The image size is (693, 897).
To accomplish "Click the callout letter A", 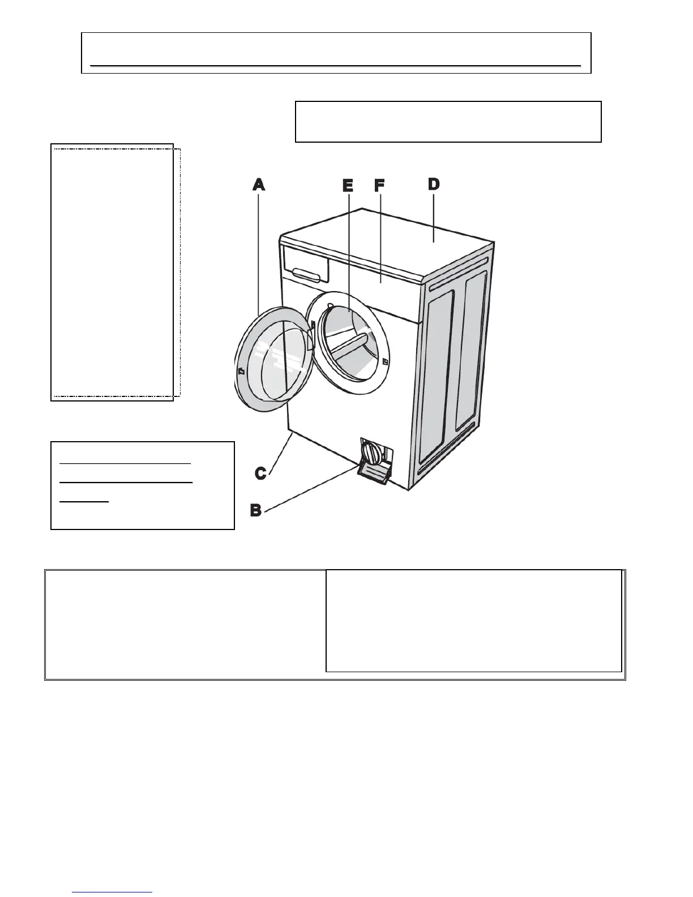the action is (259, 184).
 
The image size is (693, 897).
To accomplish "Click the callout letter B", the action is (256, 510).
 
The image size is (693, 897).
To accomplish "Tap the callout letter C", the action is (260, 473).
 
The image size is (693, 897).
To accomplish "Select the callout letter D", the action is (434, 184).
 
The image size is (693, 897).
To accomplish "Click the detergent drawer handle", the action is (310, 275).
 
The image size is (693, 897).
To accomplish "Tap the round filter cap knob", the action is (370, 453).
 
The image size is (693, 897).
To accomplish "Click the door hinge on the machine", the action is (312, 326).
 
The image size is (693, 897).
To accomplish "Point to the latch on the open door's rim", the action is (241, 371).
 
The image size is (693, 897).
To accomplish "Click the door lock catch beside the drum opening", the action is (385, 361).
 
